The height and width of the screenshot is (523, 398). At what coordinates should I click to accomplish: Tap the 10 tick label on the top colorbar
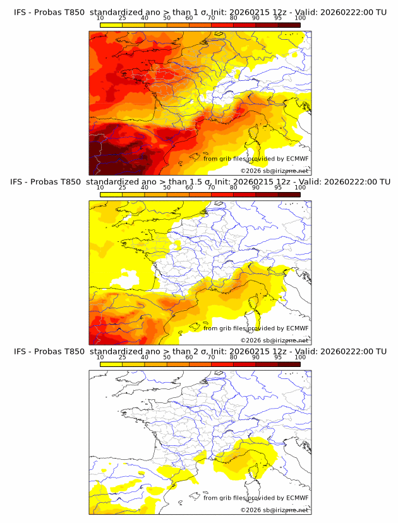coord(100,18)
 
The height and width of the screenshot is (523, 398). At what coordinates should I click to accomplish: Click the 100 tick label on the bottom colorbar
coord(300,358)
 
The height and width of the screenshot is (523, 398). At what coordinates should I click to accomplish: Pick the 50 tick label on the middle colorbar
coord(167,188)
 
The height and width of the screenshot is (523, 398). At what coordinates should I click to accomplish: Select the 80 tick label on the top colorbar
coord(234,18)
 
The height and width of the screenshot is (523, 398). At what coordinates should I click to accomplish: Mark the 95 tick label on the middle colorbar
coord(278,188)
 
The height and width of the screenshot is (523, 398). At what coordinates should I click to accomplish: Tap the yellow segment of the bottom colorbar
coord(111,364)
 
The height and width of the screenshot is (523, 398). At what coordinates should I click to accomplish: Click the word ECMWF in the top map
coord(298,159)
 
